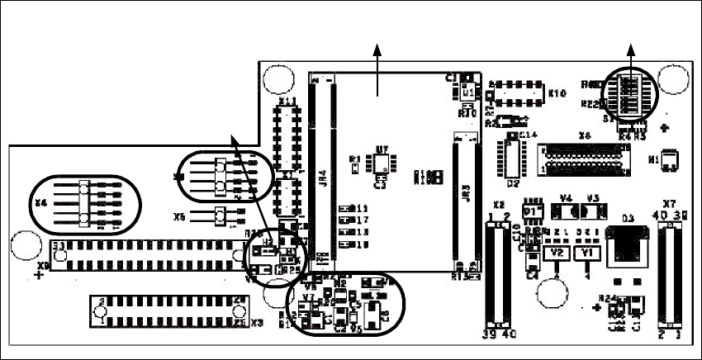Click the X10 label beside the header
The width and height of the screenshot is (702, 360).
[557, 93]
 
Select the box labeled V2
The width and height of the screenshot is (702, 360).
[557, 251]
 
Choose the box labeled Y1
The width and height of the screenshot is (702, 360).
[586, 251]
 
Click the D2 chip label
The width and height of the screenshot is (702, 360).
[513, 182]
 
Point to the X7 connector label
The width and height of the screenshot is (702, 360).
[670, 202]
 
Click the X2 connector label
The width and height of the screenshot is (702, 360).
[498, 204]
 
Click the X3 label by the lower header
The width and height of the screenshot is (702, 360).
[256, 323]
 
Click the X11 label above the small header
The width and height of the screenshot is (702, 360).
[287, 101]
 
